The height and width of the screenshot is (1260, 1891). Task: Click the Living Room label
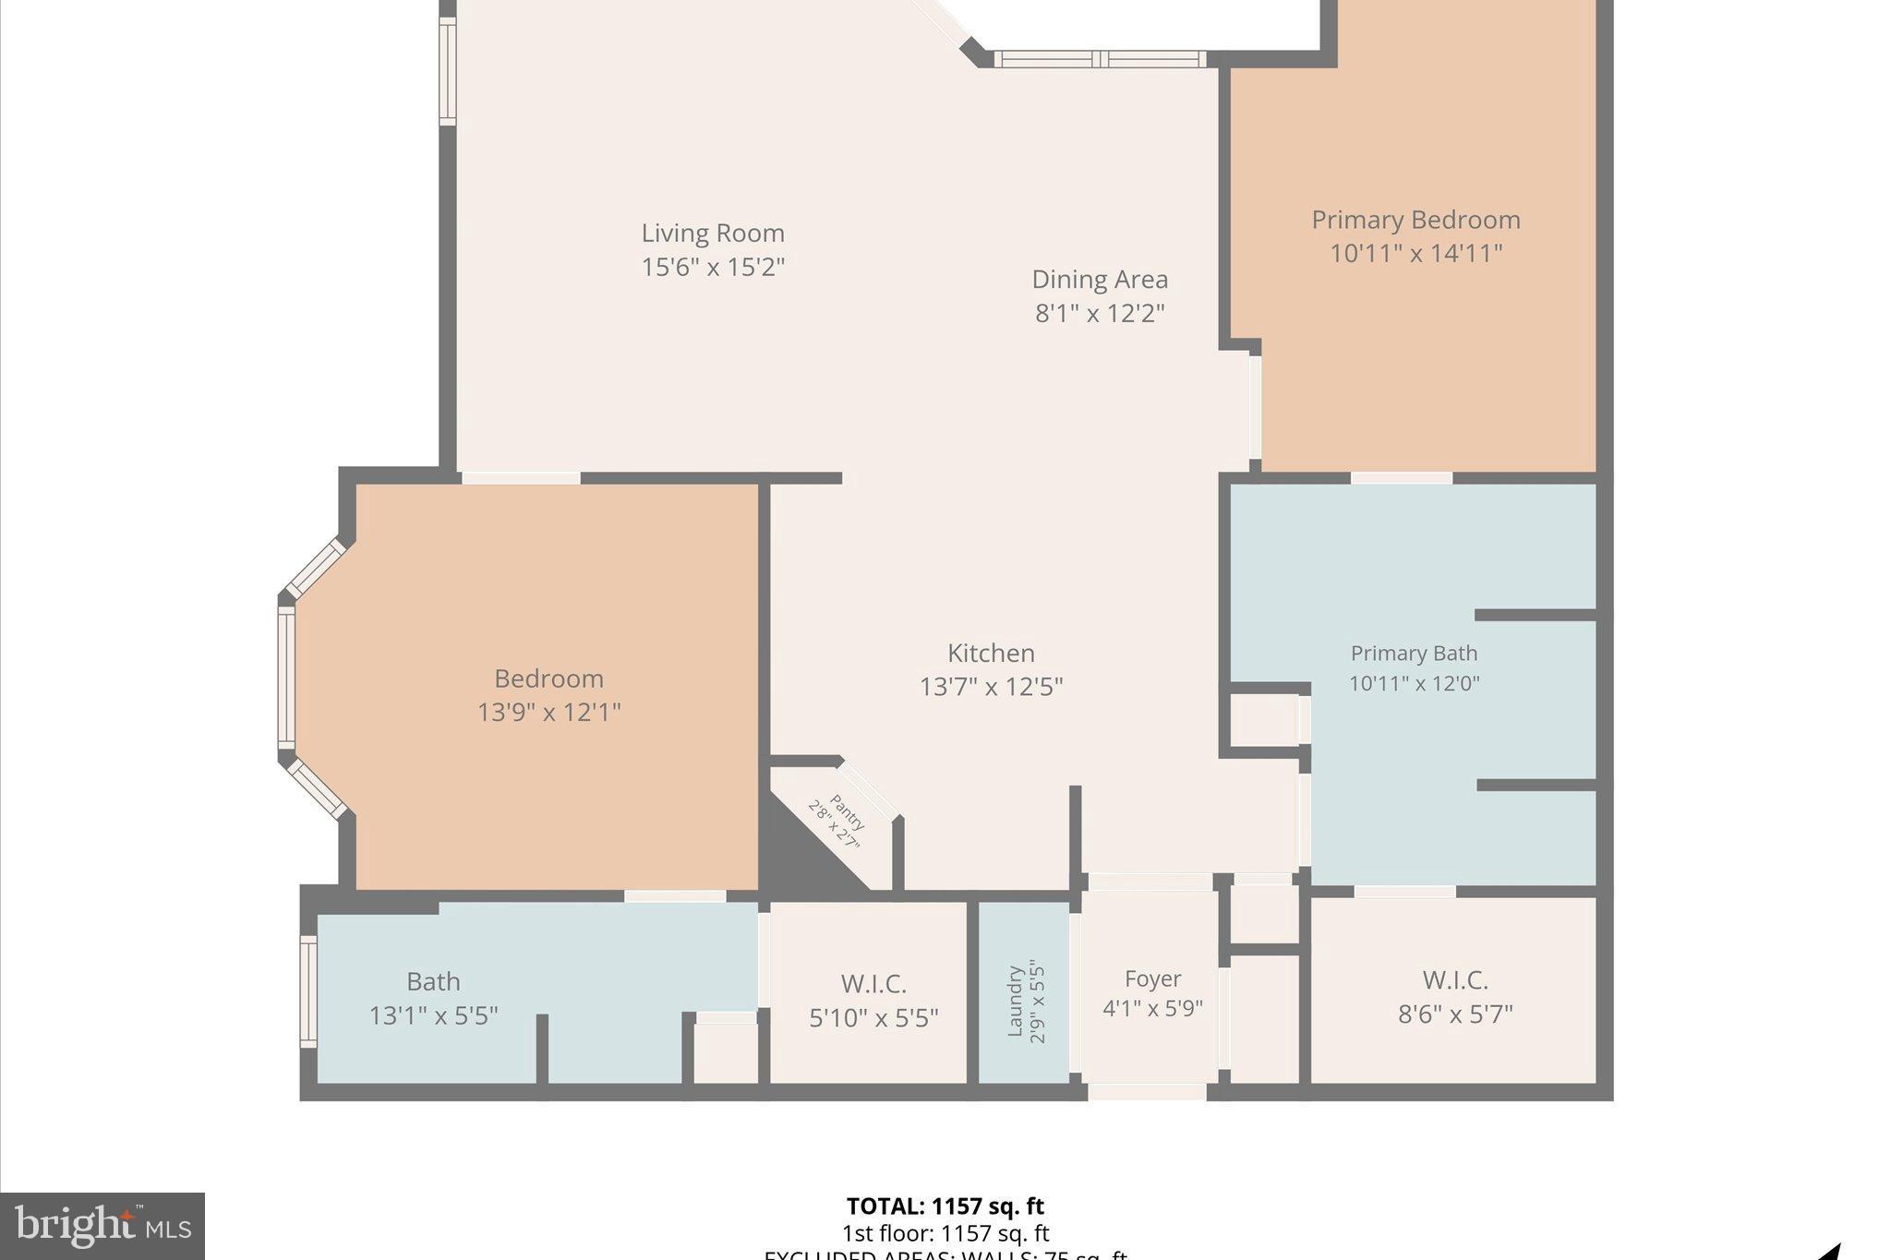coord(713,233)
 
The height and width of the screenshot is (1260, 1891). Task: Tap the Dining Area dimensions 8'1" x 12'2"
coord(1099,313)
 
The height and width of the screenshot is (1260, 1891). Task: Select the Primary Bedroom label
coord(1415,220)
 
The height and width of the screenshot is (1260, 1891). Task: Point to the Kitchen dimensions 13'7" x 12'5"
coord(991,687)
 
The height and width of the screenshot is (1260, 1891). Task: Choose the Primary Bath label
coord(1414,654)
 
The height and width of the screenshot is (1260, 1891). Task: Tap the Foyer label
coord(1152,978)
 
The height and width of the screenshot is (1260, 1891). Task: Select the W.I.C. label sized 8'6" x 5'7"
coord(1454,979)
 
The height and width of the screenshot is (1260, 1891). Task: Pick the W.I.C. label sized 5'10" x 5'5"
coord(873,983)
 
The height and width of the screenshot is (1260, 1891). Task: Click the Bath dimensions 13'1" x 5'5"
coord(433,1015)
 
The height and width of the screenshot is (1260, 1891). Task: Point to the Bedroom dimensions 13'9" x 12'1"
coord(548,713)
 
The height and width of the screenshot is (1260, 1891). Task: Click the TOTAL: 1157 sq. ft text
coord(945,1206)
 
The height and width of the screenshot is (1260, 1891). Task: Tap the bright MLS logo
coord(102,1226)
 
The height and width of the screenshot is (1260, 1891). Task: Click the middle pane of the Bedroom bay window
coord(286,678)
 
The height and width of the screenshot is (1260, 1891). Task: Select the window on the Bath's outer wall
coord(308,991)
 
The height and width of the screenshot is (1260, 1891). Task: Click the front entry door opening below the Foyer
coord(1147,1092)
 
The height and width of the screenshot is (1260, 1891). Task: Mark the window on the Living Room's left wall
coord(447,71)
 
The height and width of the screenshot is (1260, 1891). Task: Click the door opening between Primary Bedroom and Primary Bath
coord(1401,478)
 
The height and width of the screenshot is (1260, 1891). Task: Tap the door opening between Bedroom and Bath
coord(675,895)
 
